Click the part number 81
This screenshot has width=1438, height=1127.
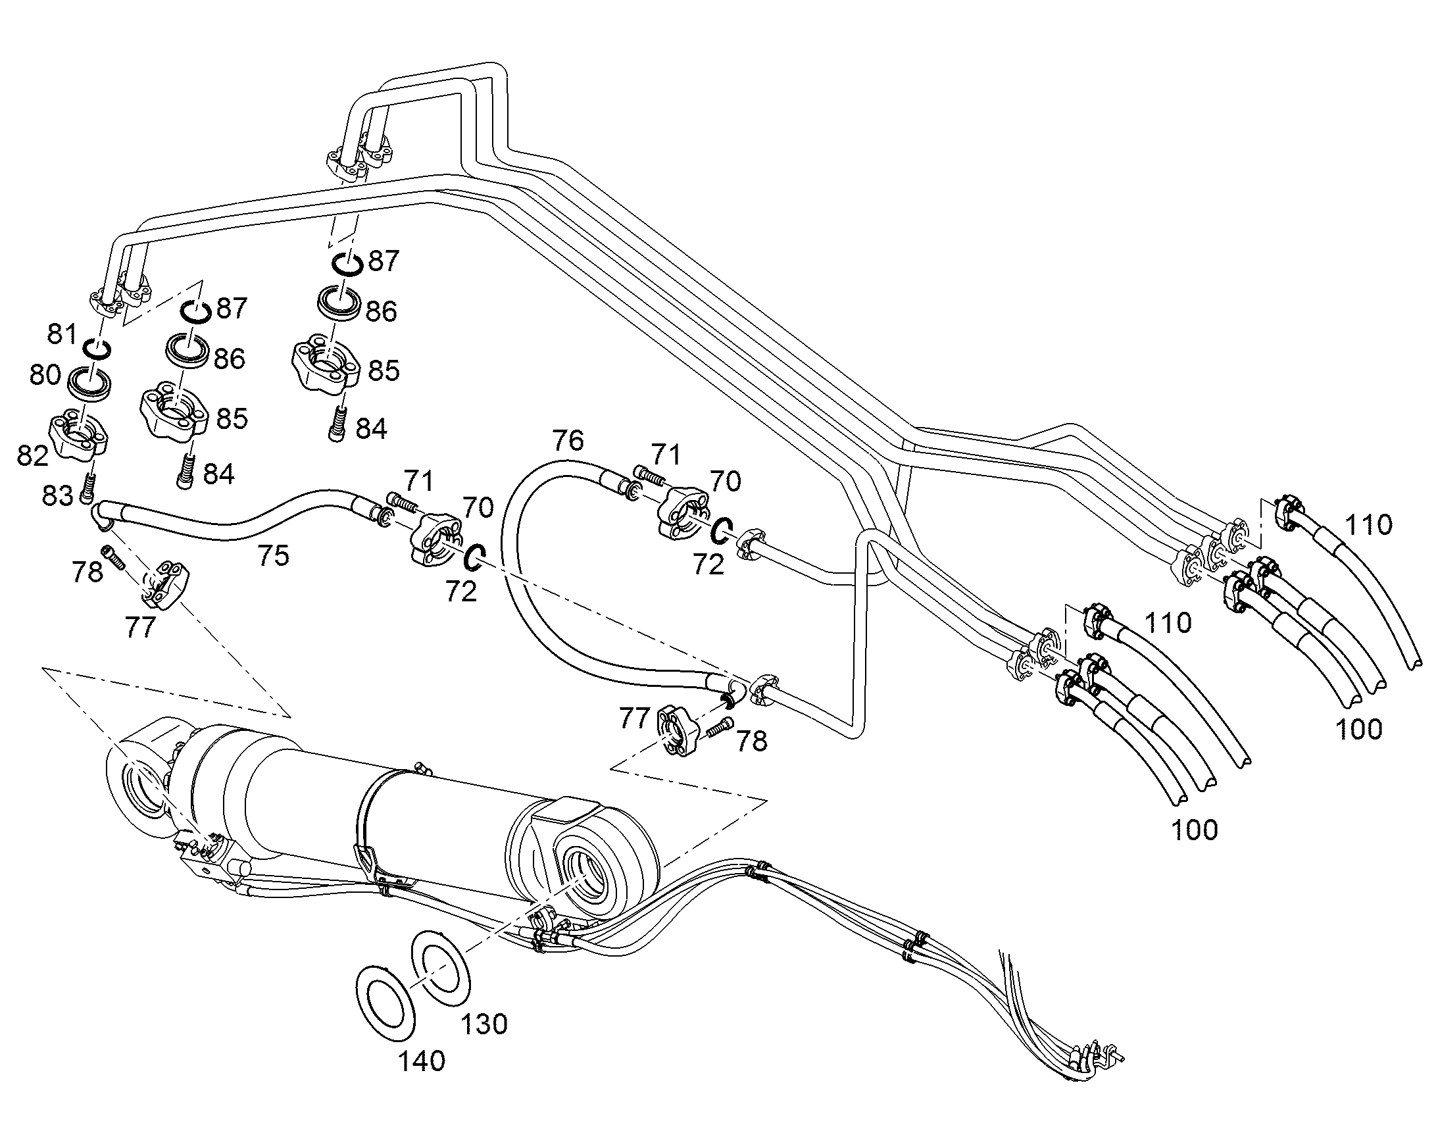tap(62, 334)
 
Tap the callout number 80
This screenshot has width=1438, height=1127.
tap(45, 376)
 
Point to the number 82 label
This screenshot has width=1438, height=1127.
tap(33, 455)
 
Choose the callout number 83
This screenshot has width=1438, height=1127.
tap(57, 495)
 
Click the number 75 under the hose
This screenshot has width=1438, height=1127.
tap(273, 555)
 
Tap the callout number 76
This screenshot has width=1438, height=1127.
tap(568, 440)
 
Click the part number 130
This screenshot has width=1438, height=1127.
tap(483, 1024)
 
